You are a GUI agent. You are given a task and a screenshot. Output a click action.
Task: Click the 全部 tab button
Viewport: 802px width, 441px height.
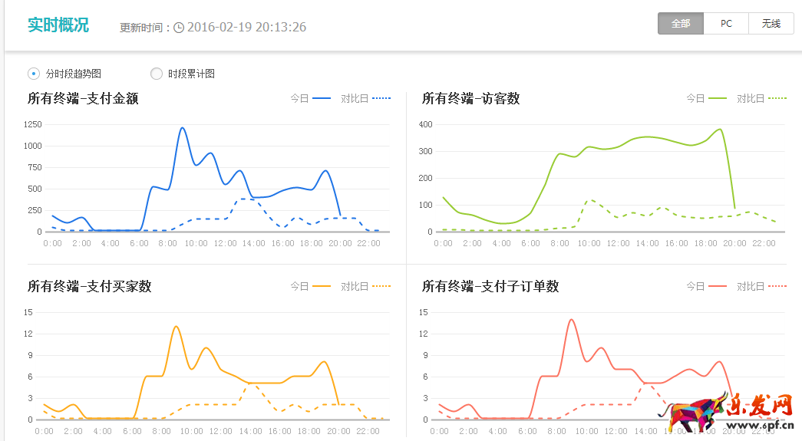[681, 24]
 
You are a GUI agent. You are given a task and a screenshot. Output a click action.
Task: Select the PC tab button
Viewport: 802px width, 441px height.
[726, 24]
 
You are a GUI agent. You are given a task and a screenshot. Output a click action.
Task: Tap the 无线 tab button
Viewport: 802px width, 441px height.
[771, 24]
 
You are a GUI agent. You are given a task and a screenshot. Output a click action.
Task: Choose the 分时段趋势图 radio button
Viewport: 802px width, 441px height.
[34, 74]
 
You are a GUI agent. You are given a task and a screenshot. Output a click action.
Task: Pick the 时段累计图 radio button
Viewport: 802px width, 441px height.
[157, 74]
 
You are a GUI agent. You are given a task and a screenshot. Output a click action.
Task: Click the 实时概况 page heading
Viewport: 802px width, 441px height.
[58, 25]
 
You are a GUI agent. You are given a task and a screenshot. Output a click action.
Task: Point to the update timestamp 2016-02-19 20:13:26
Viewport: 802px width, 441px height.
[246, 27]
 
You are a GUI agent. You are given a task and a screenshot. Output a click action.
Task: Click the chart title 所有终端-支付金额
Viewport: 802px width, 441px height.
[83, 98]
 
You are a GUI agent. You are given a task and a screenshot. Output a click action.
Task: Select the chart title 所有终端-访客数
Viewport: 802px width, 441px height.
[470, 98]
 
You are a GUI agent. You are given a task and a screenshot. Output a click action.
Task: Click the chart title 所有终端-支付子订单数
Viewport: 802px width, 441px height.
[490, 286]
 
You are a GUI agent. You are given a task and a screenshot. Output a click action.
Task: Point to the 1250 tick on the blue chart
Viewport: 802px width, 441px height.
[32, 124]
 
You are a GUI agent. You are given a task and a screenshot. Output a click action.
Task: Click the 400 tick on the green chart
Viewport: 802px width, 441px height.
[426, 124]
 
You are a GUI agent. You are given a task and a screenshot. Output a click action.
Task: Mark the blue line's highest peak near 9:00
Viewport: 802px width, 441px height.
[183, 128]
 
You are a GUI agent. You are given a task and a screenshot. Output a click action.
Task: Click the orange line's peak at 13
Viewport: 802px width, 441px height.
[177, 327]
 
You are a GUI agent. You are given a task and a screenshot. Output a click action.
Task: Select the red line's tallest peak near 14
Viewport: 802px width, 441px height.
[571, 320]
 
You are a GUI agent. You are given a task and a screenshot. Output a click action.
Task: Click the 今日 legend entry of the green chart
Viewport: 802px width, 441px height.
[706, 98]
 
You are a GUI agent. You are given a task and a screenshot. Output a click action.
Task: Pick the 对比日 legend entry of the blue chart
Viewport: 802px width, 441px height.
[365, 98]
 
